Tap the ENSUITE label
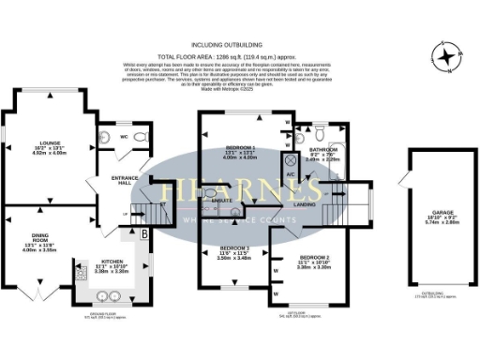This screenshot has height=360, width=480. point(223,202)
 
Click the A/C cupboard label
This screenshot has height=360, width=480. point(291,175)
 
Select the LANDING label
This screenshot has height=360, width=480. point(304,203)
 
